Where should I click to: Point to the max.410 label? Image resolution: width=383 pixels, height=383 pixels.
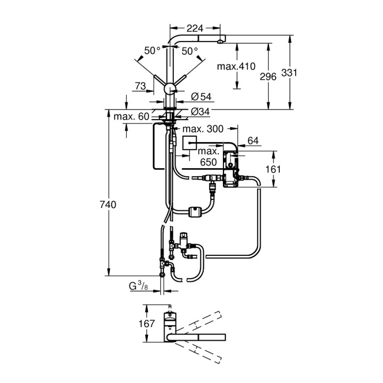click(237, 66)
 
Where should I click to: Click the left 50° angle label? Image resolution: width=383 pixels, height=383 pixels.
click(152, 51)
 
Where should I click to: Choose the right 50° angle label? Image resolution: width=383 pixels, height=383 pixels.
click(189, 51)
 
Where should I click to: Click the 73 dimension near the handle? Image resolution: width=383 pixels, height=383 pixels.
click(140, 85)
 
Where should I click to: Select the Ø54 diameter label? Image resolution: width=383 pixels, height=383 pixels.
click(201, 96)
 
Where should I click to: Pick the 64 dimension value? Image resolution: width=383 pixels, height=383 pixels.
click(252, 140)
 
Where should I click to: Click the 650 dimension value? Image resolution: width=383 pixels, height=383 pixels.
click(209, 162)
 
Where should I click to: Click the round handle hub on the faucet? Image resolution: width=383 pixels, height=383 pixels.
click(170, 89)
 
